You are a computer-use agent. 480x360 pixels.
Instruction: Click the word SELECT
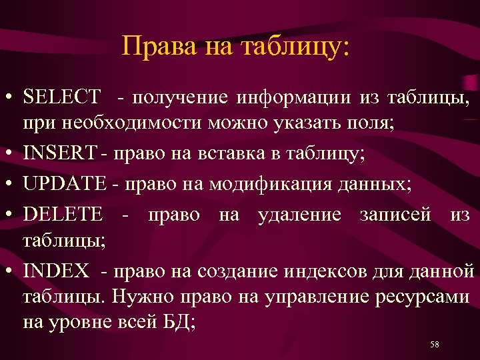point(61,98)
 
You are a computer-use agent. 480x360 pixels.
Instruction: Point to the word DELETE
point(63,214)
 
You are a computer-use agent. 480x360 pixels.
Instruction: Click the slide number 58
point(435,344)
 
